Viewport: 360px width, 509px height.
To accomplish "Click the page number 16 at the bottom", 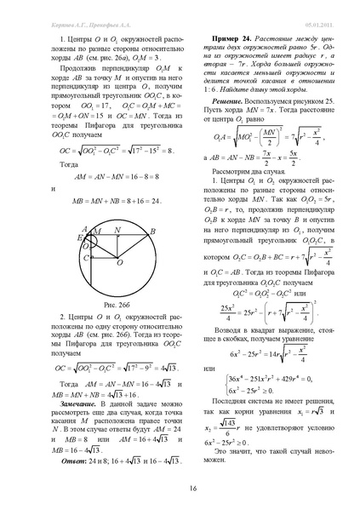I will (180, 487).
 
